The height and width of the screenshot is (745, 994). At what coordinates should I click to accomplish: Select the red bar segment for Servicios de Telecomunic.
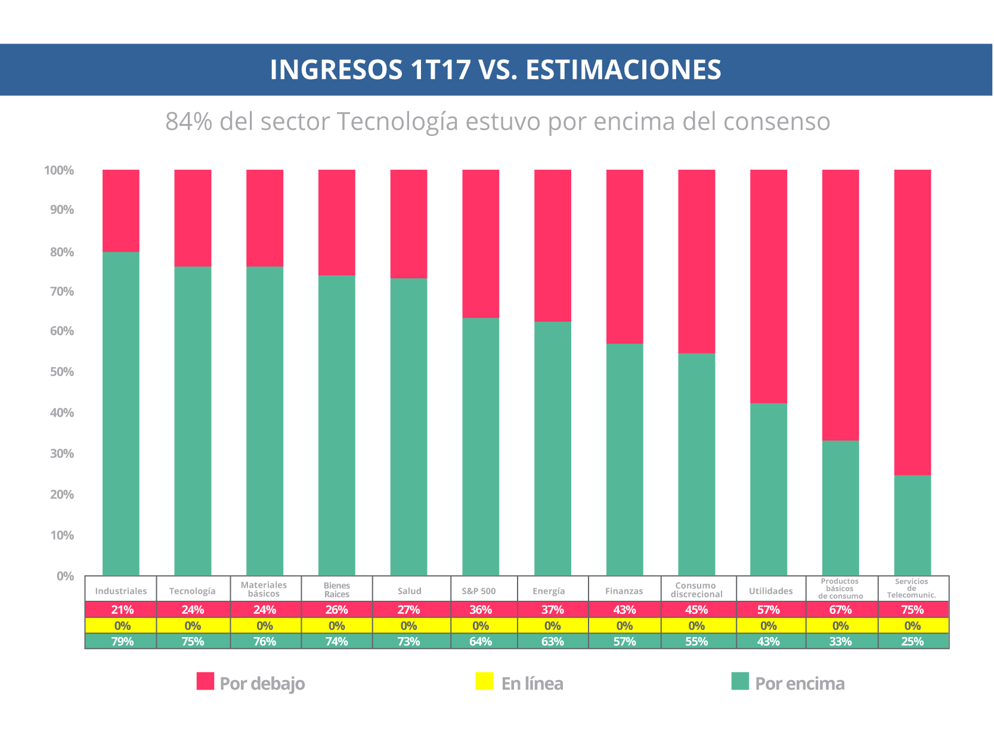point(912,322)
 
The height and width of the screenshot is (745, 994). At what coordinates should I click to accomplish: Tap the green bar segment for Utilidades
point(768,489)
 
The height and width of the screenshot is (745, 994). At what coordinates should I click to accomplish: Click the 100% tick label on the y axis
point(59,170)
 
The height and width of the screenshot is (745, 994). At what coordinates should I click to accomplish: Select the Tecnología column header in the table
point(193,591)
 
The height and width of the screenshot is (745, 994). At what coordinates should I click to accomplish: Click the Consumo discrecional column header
point(696,589)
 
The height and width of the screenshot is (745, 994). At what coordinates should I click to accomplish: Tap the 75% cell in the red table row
point(912,610)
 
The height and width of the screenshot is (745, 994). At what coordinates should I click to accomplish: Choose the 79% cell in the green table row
point(122,641)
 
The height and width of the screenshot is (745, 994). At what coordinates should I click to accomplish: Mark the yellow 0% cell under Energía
point(553,626)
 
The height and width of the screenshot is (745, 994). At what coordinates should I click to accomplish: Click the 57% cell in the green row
point(624,641)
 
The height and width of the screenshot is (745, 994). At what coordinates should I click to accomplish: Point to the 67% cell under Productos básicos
point(840,610)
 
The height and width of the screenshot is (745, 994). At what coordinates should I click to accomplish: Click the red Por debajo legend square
point(205,681)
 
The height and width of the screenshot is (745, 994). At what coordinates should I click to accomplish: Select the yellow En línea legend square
point(484,681)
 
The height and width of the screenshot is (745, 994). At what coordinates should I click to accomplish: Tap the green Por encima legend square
point(740,681)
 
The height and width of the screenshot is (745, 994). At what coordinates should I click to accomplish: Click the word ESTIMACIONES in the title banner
point(623,70)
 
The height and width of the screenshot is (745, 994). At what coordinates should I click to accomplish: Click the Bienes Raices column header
point(337,589)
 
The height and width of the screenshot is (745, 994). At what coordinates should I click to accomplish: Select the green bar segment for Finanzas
point(624,459)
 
